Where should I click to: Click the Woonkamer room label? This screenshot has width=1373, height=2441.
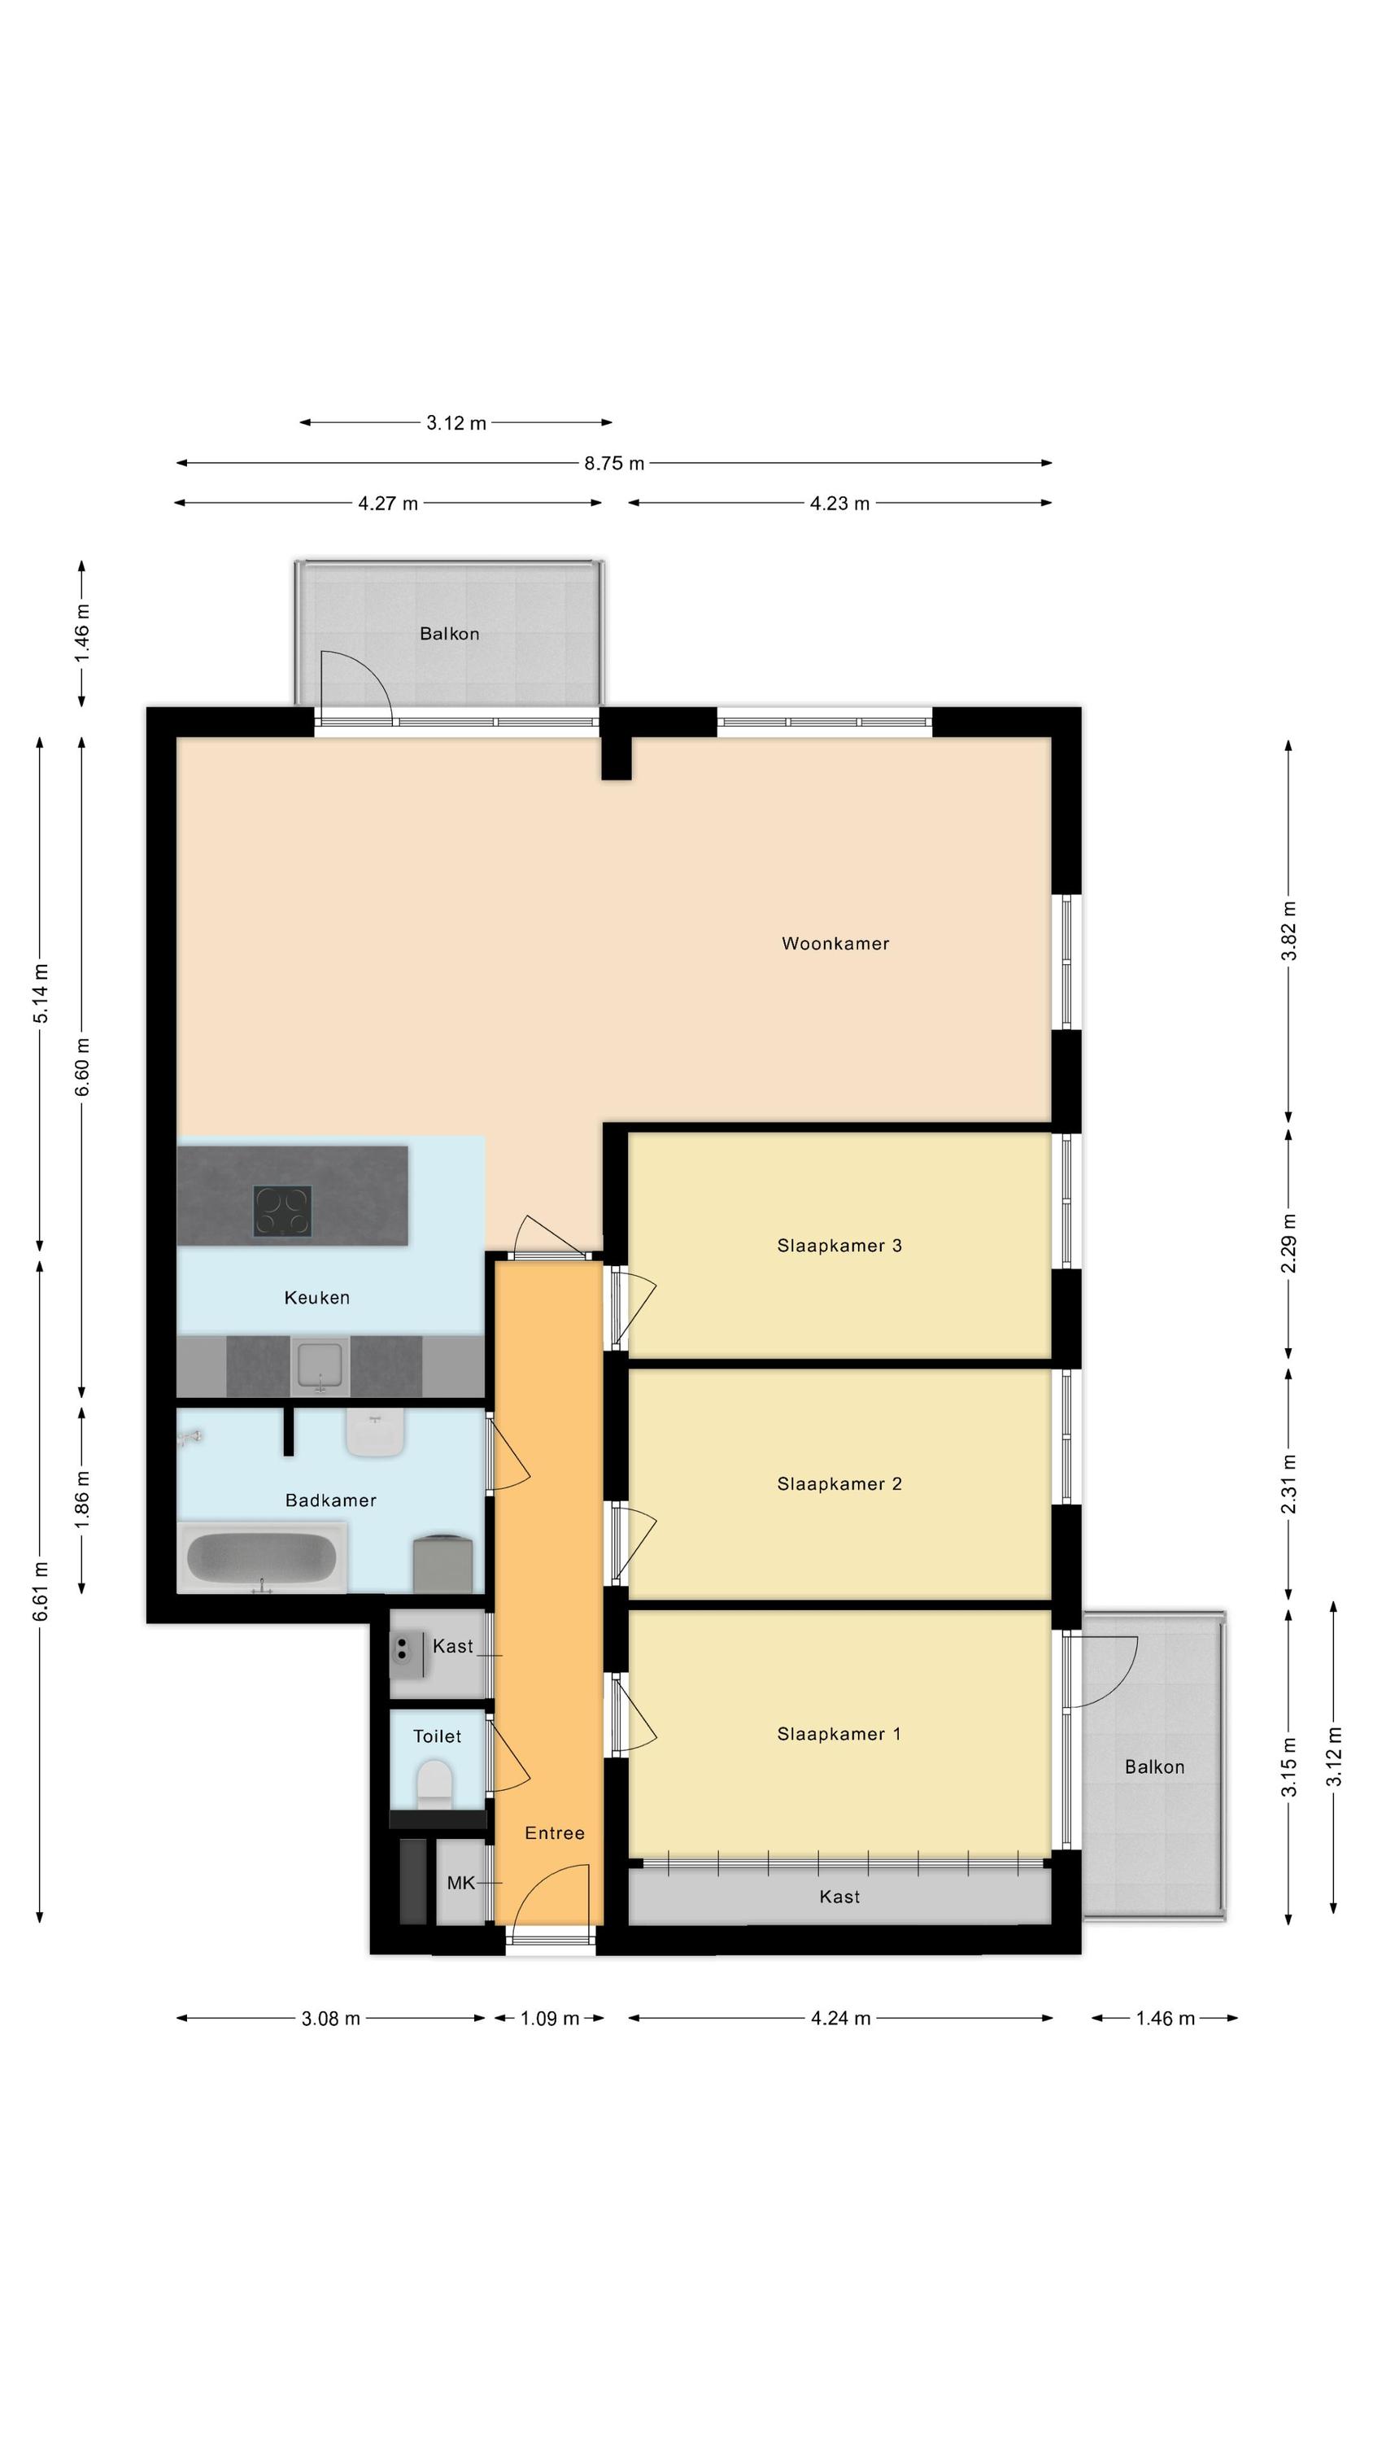click(x=835, y=944)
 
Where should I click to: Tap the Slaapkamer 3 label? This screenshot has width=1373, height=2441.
click(x=839, y=1246)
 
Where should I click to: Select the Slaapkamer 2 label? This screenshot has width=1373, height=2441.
click(x=839, y=1484)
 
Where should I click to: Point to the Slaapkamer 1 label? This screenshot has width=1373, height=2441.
click(x=839, y=1734)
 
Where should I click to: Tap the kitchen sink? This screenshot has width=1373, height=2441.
click(x=320, y=1365)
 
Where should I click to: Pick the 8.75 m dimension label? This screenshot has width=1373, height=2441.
click(x=614, y=463)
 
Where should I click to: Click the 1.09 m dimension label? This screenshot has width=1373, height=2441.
click(x=550, y=2019)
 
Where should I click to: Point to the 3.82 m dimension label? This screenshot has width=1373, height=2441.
click(x=1288, y=931)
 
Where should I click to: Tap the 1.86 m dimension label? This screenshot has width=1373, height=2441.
click(x=82, y=1498)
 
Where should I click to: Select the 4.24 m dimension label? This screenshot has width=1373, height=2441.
click(x=840, y=2019)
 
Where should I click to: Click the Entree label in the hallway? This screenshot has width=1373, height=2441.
click(x=554, y=1833)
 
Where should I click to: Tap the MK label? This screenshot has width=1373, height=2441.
click(x=460, y=1884)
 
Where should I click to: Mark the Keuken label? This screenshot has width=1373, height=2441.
click(x=316, y=1298)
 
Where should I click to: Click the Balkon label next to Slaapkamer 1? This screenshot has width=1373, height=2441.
click(x=1154, y=1767)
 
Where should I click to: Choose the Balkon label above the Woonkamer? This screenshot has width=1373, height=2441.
click(x=449, y=634)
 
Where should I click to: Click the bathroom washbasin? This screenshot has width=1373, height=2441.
click(x=375, y=1432)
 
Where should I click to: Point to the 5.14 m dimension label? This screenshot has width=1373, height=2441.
click(x=41, y=993)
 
